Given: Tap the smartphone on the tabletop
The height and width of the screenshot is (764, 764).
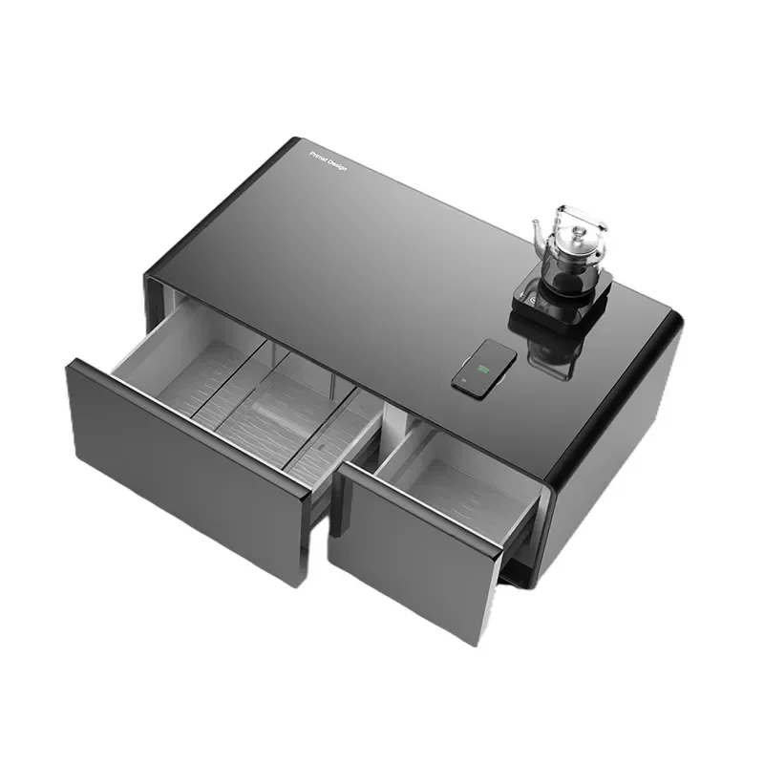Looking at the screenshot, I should pyautogui.click(x=484, y=367).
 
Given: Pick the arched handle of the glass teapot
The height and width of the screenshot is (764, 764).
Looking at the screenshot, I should pyautogui.click(x=584, y=222).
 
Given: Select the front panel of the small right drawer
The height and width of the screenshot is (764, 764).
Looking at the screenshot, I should pyautogui.click(x=411, y=554).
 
